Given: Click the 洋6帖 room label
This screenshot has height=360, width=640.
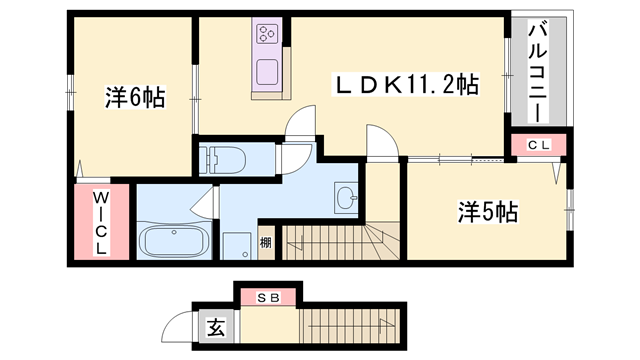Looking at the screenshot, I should pos(135,97).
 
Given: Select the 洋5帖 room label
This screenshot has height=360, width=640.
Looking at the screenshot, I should pos(487,212).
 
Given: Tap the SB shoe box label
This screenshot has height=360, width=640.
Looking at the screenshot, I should pos(266,298).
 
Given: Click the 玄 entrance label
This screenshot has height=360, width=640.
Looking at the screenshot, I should pos(215,327).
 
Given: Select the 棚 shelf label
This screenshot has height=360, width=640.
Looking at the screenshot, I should pos(265,242).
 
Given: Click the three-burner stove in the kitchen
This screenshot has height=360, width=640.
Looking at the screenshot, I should pos(268,37).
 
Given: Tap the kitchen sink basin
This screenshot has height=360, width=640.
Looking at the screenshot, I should pos(268,72).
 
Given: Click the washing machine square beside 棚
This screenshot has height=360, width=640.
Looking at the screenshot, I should pos(237,244).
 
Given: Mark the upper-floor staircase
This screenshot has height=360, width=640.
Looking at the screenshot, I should pos(340,241).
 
